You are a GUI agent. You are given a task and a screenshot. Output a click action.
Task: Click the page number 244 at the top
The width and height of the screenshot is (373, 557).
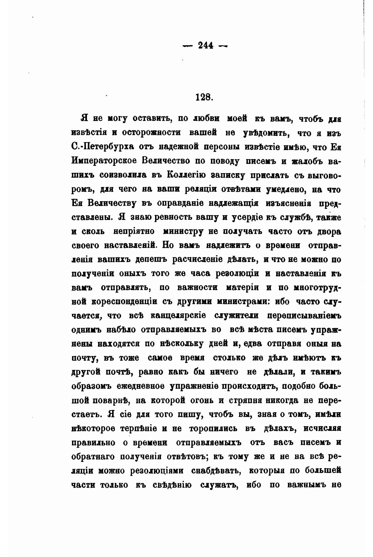click(x=205, y=45)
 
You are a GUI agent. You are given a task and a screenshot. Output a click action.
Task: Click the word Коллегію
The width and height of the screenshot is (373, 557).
click(x=186, y=175)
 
